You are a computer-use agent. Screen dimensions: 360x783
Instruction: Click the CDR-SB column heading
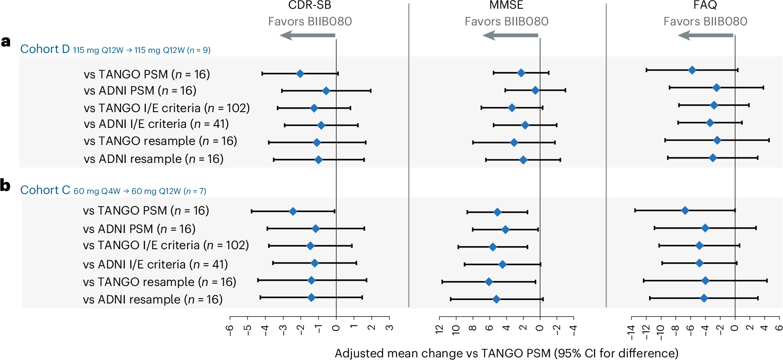(310, 5)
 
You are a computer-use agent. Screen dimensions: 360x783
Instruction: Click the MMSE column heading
(506, 5)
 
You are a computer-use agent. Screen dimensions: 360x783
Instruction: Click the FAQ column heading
(705, 5)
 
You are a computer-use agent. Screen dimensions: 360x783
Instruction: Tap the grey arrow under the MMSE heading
(510, 35)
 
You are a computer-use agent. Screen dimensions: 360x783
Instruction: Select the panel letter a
(6, 42)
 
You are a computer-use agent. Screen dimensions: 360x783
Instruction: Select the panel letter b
(5, 185)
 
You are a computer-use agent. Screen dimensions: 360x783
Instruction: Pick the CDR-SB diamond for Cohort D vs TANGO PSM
(300, 74)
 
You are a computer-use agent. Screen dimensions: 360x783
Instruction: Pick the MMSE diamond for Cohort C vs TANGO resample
(489, 282)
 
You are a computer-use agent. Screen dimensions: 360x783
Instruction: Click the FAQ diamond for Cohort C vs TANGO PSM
(685, 211)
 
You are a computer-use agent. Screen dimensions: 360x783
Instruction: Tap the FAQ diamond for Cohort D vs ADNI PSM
(716, 88)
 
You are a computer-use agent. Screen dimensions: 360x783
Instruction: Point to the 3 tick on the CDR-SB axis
(389, 328)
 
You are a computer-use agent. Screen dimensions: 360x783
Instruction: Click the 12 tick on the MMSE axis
(439, 329)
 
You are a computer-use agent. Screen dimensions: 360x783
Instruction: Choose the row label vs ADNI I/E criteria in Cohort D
(156, 124)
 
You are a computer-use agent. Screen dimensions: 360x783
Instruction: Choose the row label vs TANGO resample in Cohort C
(159, 282)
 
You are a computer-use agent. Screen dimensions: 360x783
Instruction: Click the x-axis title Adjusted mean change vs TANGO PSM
(506, 353)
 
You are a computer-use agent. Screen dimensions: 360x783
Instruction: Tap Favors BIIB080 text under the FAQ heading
(705, 21)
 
